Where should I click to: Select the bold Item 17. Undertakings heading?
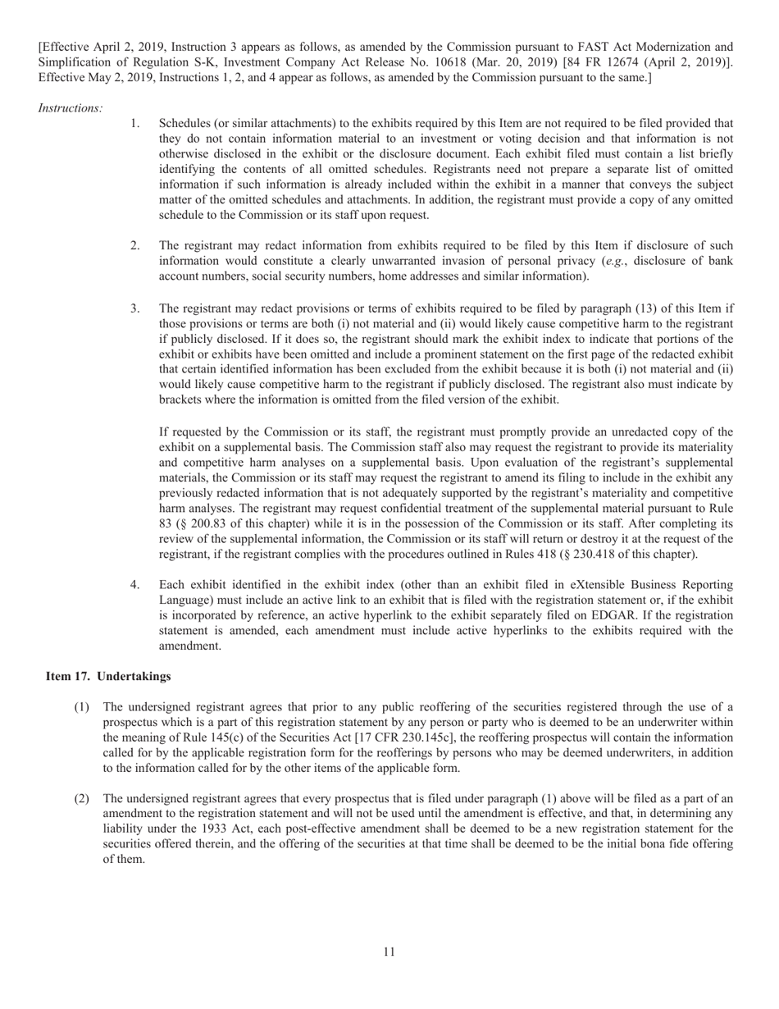point(108,676)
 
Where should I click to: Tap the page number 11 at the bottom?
point(389,952)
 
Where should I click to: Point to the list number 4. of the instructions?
point(135,585)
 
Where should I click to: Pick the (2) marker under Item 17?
point(81,797)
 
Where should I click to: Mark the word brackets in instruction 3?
point(185,399)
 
